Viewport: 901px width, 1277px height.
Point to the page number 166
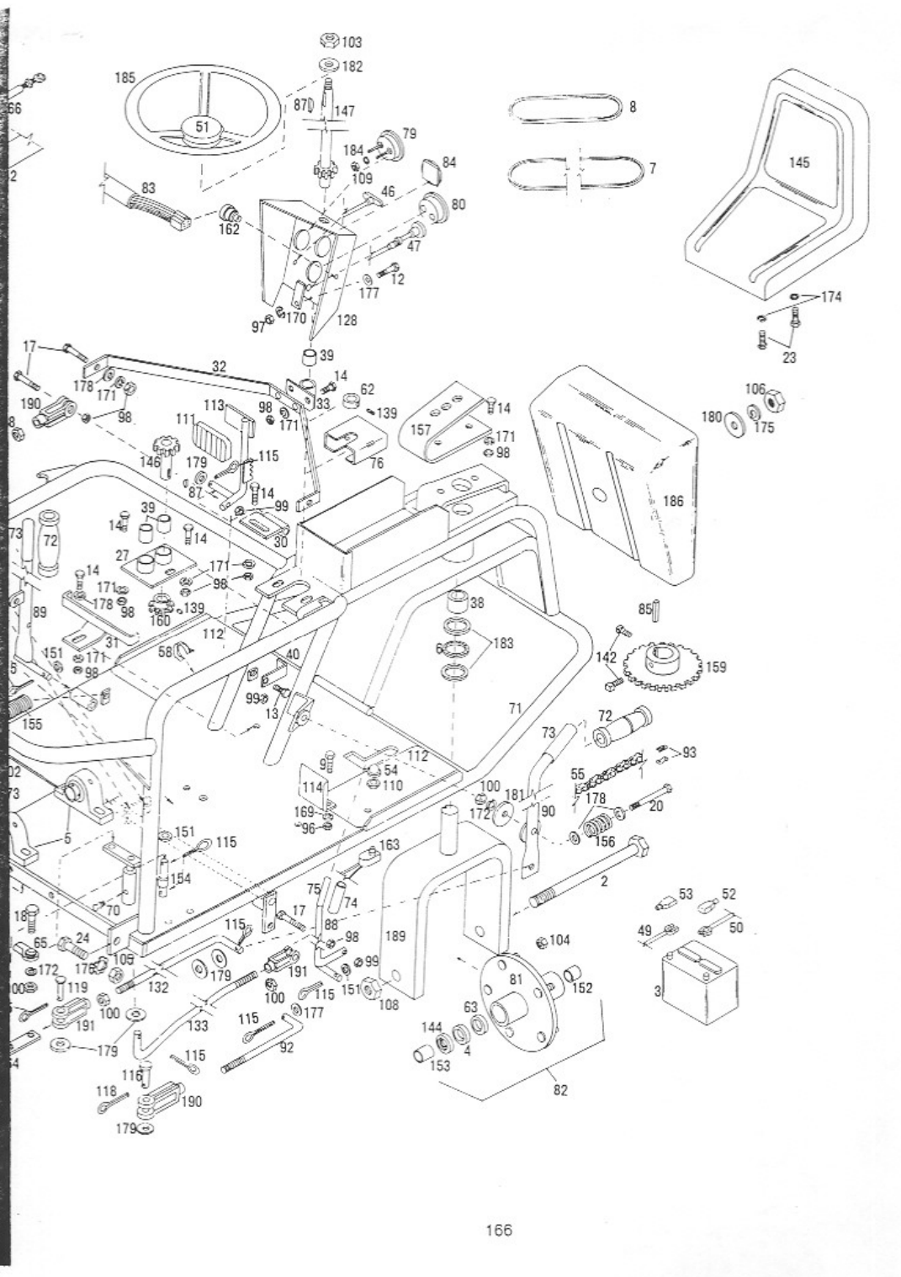click(x=499, y=1231)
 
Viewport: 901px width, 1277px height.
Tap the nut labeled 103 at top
click(x=330, y=42)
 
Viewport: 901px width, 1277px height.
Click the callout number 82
click(x=561, y=1089)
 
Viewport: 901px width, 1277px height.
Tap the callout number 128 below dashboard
click(x=347, y=321)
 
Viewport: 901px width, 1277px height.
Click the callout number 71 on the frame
click(x=517, y=709)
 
